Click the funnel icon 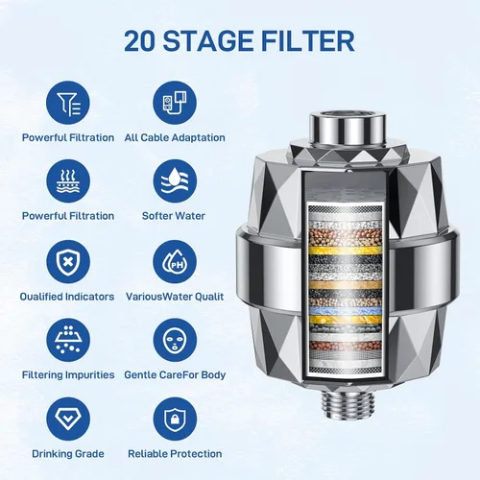(68, 103)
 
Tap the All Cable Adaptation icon (175, 103)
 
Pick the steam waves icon (68, 181)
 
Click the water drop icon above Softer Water (175, 181)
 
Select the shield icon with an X (68, 262)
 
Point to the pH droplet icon (175, 262)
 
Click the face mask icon (175, 340)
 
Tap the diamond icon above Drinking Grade (68, 419)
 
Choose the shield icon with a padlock (175, 419)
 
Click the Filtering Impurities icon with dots (68, 340)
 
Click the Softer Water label (174, 216)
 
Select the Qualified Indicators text (67, 297)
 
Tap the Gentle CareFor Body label (175, 374)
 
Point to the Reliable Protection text (175, 454)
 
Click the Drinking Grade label (68, 454)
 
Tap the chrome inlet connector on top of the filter (348, 127)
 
